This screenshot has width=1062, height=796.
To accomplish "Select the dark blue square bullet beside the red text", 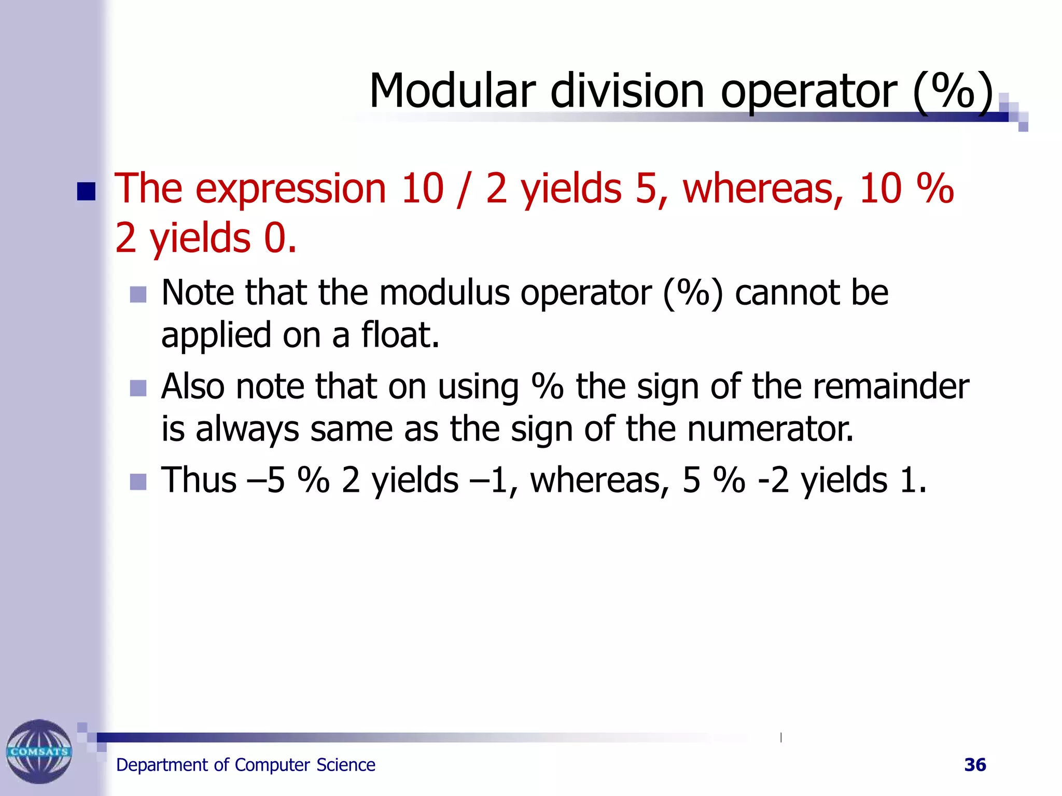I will (x=86, y=191).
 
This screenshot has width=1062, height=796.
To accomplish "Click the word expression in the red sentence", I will (x=290, y=189).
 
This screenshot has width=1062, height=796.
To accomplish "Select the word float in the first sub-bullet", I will (x=400, y=335).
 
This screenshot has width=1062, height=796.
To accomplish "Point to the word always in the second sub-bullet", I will (x=247, y=430).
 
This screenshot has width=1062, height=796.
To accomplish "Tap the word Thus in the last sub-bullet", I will (x=199, y=480).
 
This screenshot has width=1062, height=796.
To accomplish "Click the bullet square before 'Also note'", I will (x=138, y=388).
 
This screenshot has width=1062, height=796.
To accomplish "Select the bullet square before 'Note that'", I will (x=138, y=294).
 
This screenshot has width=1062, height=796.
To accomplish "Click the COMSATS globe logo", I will (x=39, y=751).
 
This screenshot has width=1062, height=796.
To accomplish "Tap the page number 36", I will (x=975, y=765).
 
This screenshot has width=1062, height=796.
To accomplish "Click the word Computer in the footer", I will (x=272, y=765).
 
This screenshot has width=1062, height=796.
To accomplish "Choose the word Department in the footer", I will (x=161, y=765).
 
